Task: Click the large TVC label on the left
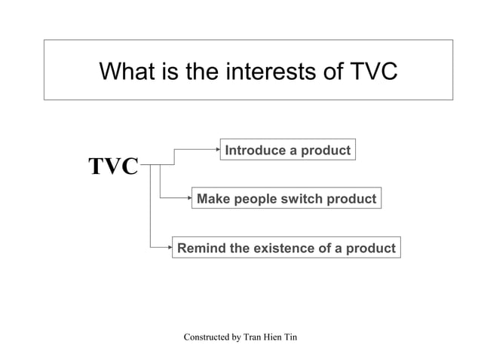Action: [x=113, y=166]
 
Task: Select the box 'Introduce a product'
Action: [x=287, y=150]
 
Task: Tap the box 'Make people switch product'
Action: [x=286, y=199]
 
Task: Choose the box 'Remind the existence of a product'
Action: [x=286, y=248]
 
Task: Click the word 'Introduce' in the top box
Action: [x=254, y=150]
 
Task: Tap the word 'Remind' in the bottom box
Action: [x=201, y=248]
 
